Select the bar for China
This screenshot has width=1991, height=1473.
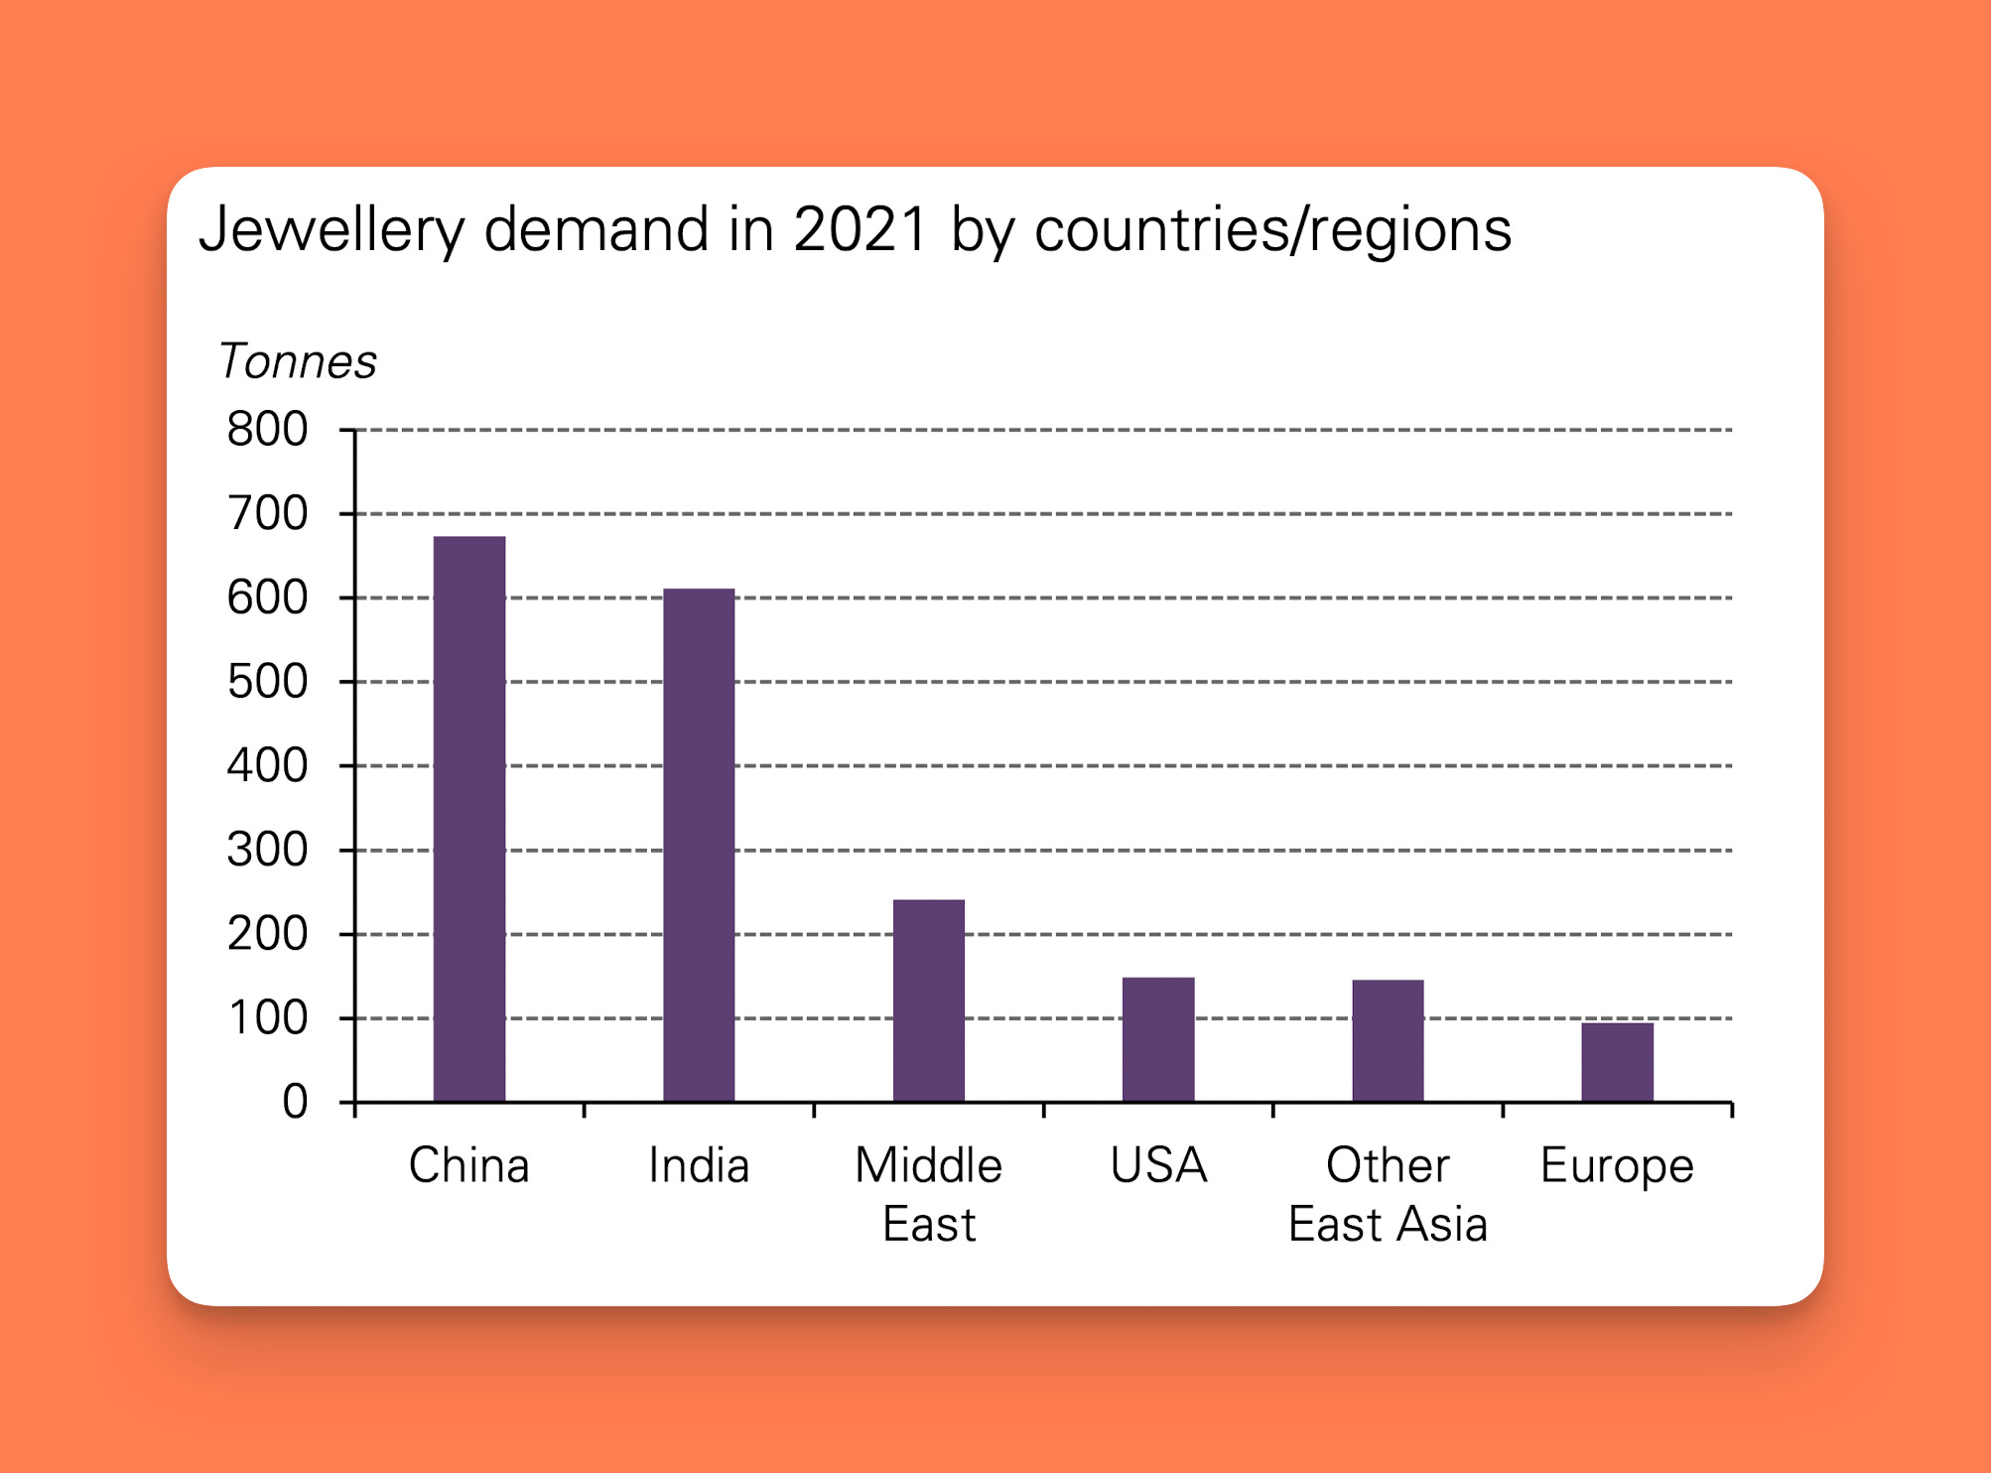(469, 819)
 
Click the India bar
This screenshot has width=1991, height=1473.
(699, 845)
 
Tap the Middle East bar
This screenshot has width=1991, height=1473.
(929, 1001)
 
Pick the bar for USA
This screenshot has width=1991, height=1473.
(1158, 1039)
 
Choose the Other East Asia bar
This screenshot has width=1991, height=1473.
(1388, 1040)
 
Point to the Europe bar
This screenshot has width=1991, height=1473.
(1617, 1062)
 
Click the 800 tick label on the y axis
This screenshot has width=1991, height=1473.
(267, 430)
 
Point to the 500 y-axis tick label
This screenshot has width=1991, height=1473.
(267, 682)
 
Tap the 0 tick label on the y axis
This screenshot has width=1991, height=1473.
(295, 1102)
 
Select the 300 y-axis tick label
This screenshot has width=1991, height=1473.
(267, 851)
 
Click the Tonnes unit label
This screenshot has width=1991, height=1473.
(298, 361)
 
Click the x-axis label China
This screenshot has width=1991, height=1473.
(468, 1165)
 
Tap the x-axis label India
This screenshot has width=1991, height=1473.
(699, 1165)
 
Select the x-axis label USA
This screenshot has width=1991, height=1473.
(1158, 1165)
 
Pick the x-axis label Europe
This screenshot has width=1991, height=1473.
(1617, 1165)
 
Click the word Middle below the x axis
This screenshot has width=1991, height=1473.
(929, 1165)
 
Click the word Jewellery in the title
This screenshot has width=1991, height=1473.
(332, 230)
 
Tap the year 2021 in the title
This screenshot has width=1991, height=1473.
(861, 230)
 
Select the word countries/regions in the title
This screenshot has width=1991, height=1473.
(1272, 230)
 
